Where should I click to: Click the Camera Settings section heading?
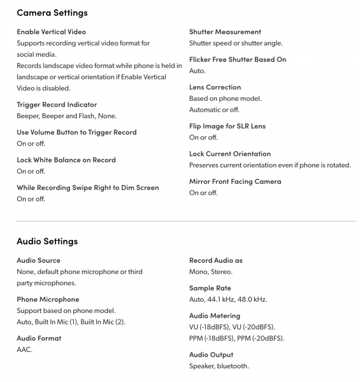[52, 13]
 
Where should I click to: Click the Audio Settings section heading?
[47, 241]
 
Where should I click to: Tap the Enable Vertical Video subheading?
[51, 32]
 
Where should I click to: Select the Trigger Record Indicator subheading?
[57, 105]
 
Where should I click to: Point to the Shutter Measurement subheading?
[225, 32]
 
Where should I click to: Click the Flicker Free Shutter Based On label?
[238, 59]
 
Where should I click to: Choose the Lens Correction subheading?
[215, 87]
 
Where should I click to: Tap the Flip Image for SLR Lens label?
[228, 126]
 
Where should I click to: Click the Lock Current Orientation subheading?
[230, 154]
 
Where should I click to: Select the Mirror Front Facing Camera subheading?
[235, 182]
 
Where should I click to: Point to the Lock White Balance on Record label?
[66, 160]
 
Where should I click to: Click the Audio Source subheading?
[38, 260]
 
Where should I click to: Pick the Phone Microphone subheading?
[48, 299]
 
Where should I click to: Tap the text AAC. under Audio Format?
[24, 349]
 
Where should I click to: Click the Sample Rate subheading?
[210, 288]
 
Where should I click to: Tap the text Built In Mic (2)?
[103, 322]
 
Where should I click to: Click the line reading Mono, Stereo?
[211, 272]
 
